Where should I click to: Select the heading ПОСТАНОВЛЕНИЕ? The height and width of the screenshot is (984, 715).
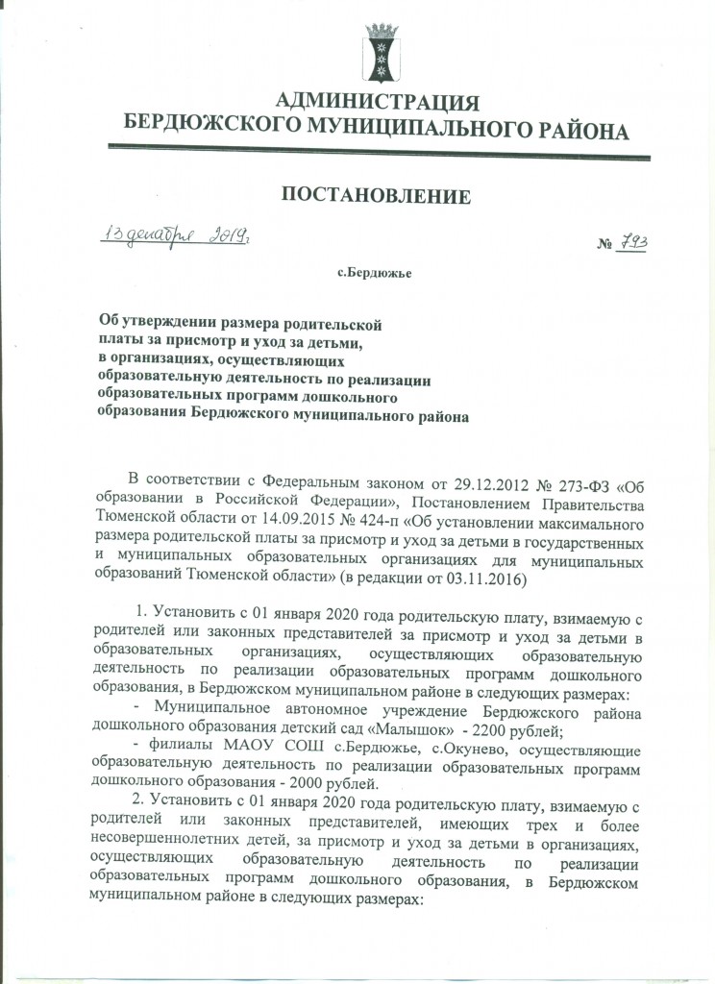[377, 197]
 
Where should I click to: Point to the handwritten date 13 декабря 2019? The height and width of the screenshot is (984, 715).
[177, 236]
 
